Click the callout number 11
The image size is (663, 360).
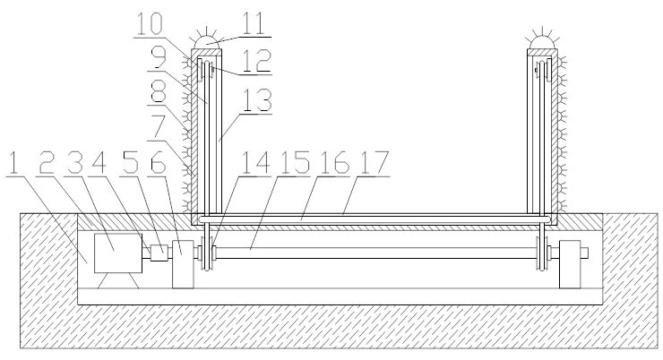click(x=254, y=24)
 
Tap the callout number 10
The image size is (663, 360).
click(x=150, y=24)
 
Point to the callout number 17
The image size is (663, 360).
click(x=374, y=163)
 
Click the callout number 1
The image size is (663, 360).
click(x=14, y=163)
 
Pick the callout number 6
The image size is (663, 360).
click(x=159, y=163)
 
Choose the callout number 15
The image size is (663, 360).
click(x=295, y=163)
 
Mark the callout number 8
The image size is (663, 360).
click(x=159, y=91)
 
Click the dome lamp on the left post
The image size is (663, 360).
click(x=206, y=42)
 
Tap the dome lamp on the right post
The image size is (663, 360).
click(x=542, y=42)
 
